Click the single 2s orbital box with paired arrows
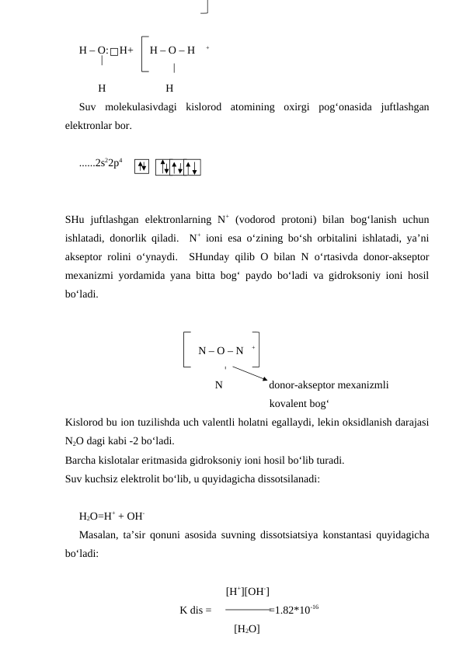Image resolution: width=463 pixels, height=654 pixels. click(142, 165)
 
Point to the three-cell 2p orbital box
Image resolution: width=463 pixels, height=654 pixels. click(178, 166)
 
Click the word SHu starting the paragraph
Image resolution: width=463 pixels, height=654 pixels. click(76, 220)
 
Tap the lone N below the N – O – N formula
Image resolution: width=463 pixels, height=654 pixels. click(219, 384)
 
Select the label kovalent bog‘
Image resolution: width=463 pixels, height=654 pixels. click(298, 404)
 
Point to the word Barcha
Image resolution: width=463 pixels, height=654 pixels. click(82, 460)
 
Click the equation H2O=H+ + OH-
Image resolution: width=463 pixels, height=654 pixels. click(113, 516)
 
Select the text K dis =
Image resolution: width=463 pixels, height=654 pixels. click(195, 611)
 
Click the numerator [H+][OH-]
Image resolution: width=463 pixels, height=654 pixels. click(247, 592)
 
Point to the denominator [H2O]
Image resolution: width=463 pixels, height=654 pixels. click(247, 629)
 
